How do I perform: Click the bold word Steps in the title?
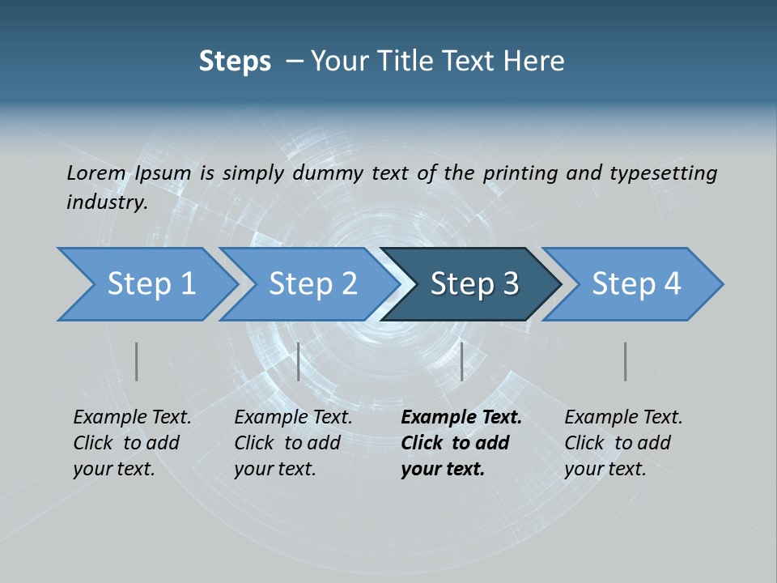click(x=235, y=62)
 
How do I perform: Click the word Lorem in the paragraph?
click(x=96, y=172)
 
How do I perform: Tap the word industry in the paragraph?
click(x=106, y=202)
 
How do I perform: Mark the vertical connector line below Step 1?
click(x=137, y=361)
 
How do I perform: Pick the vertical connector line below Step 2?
click(x=299, y=361)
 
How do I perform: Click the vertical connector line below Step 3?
click(x=461, y=361)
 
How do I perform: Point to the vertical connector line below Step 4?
click(x=626, y=361)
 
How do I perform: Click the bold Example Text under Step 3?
click(x=461, y=418)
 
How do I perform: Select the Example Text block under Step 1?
click(x=132, y=443)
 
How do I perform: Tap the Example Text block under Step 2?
click(x=293, y=443)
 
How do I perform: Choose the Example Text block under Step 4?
click(x=623, y=443)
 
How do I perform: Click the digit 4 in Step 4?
click(x=671, y=284)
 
